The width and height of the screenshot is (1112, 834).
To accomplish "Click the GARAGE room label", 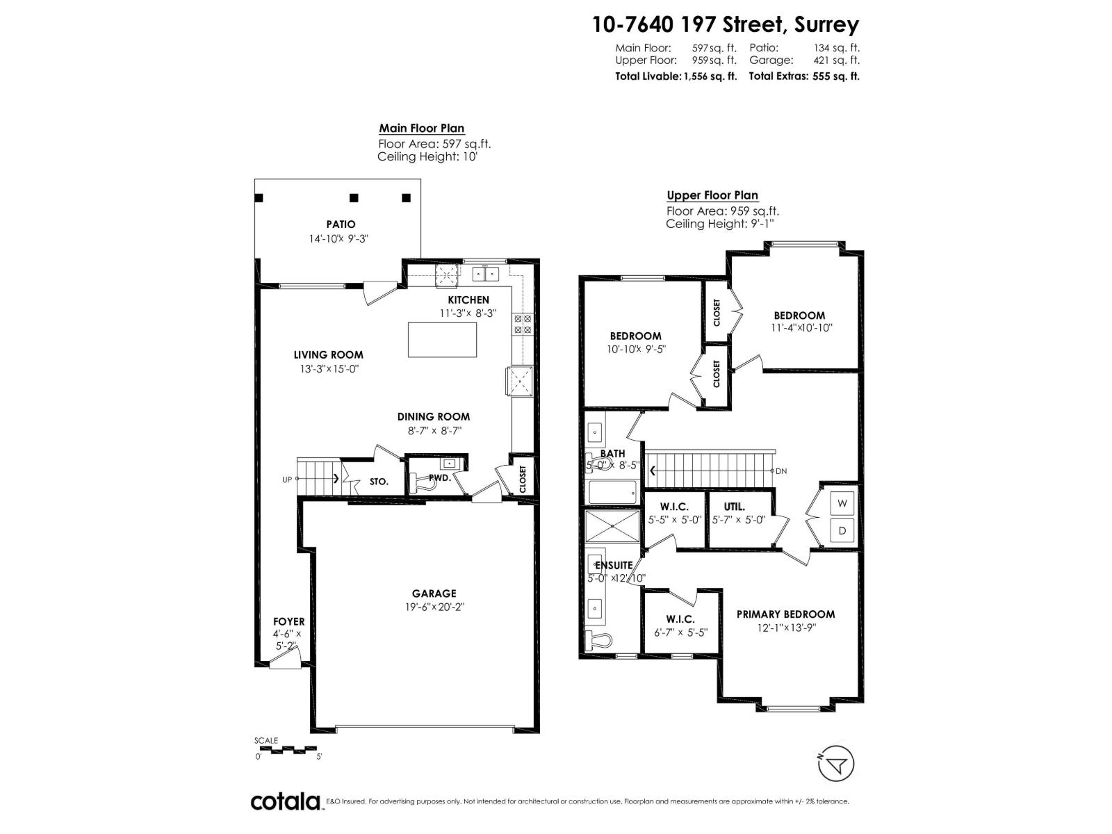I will coord(434,593).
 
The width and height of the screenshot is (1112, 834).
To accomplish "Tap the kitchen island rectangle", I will coord(443,339).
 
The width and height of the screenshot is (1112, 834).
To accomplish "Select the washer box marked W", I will coord(842,503).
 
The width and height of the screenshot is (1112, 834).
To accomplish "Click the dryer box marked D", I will coord(842,531).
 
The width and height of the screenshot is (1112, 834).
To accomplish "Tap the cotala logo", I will coord(286,801).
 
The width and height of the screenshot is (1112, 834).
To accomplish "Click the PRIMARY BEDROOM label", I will coord(785,614).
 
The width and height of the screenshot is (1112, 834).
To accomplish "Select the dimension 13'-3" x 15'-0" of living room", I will coord(329,369).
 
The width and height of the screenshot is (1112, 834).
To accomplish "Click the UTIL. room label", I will coord(735,507).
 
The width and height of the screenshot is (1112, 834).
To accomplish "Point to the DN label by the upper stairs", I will coord(781,471).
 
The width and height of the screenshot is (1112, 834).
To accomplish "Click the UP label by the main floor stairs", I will coord(287,480).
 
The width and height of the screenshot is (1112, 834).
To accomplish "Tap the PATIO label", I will coord(341,224).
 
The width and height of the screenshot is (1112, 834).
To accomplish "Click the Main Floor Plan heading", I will coord(421,128).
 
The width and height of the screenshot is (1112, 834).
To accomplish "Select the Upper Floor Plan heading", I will coord(712,195).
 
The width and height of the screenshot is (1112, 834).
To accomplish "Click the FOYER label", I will coord(288,621).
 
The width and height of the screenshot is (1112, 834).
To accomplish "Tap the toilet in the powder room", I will coord(425,482).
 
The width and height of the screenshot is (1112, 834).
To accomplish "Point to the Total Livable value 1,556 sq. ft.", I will coord(710,76).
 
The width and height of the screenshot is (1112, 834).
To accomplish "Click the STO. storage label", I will coord(379,481).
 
